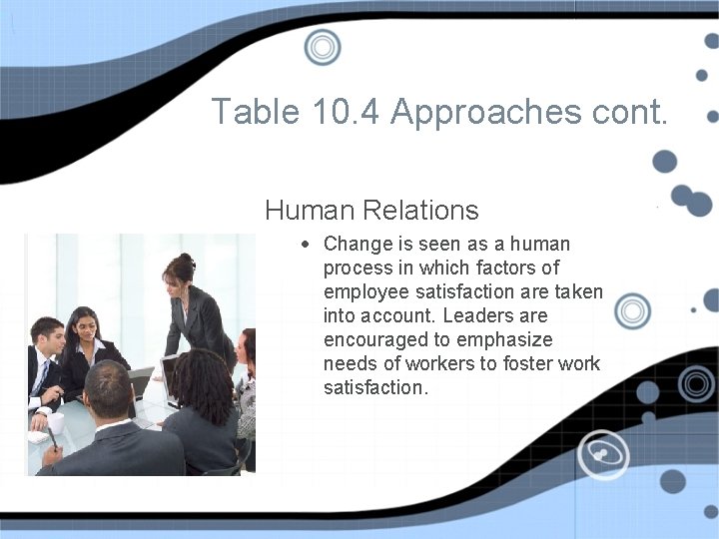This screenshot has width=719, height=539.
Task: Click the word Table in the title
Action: pyautogui.click(x=255, y=111)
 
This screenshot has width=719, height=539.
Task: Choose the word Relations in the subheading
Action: pyautogui.click(x=421, y=211)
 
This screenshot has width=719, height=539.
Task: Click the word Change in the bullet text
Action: pyautogui.click(x=359, y=244)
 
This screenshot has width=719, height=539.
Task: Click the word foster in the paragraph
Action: pyautogui.click(x=527, y=363)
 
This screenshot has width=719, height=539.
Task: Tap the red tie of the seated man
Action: pyautogui.click(x=41, y=377)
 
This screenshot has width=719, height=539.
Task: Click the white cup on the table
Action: pyautogui.click(x=56, y=423)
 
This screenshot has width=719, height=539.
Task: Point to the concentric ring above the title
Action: pyautogui.click(x=323, y=47)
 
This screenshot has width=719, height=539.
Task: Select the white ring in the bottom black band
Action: pyautogui.click(x=602, y=454)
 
